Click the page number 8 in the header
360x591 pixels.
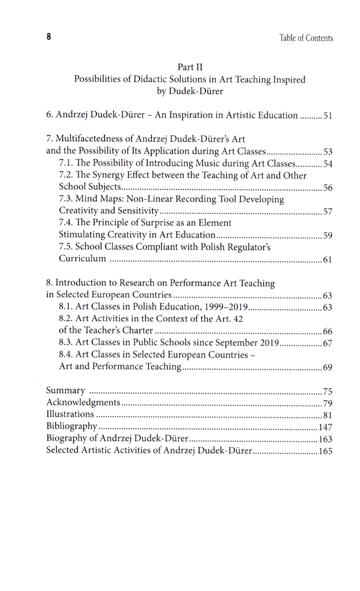point(49,37)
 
